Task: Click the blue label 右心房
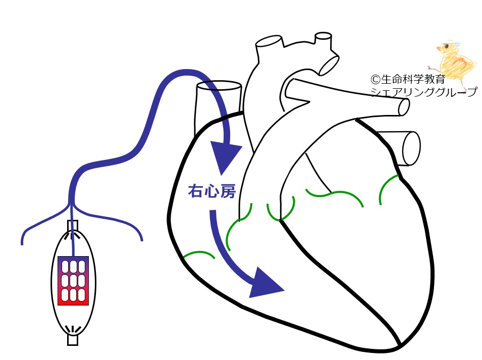tap(212, 191)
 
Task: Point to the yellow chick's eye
tap(446, 46)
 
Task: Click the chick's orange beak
tap(439, 48)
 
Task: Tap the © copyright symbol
tap(376, 80)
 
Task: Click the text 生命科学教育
tap(413, 79)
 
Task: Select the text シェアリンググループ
tap(423, 92)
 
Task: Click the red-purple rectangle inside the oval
tap(73, 281)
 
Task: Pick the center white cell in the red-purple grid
tap(73, 281)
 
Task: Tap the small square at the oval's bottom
tap(73, 340)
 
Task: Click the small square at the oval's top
tap(73, 226)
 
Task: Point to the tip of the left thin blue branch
tap(22, 245)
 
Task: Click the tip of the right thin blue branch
tap(142, 240)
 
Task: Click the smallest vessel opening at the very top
tap(324, 36)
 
